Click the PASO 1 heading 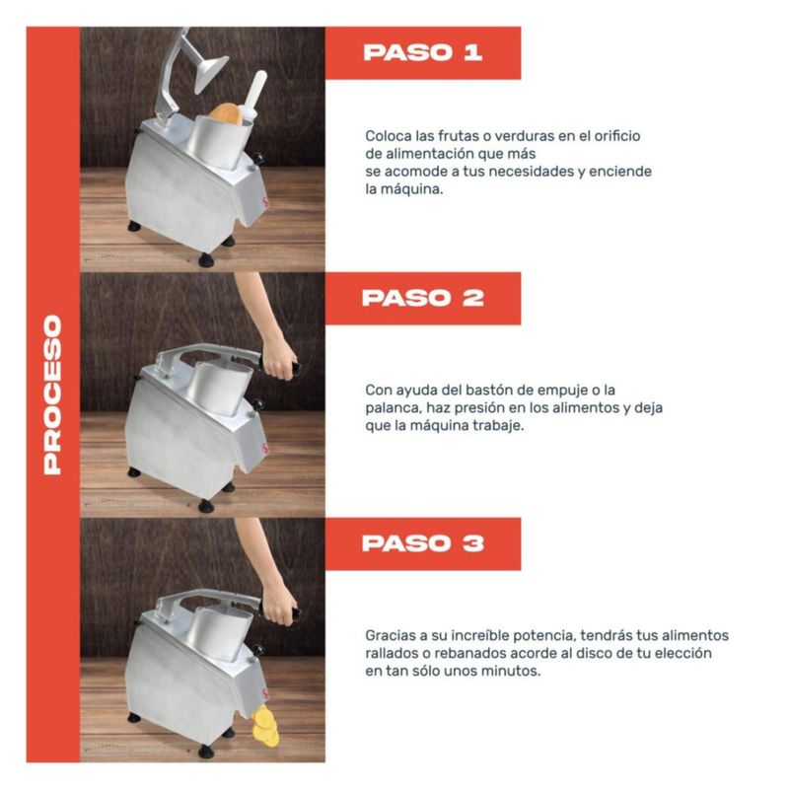click(x=423, y=52)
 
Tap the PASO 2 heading click(x=423, y=298)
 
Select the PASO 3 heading click(x=423, y=543)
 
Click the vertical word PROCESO click(x=52, y=395)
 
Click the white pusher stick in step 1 click(x=254, y=97)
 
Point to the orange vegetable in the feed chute click(x=226, y=113)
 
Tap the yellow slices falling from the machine click(x=265, y=726)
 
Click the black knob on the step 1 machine click(x=258, y=159)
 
